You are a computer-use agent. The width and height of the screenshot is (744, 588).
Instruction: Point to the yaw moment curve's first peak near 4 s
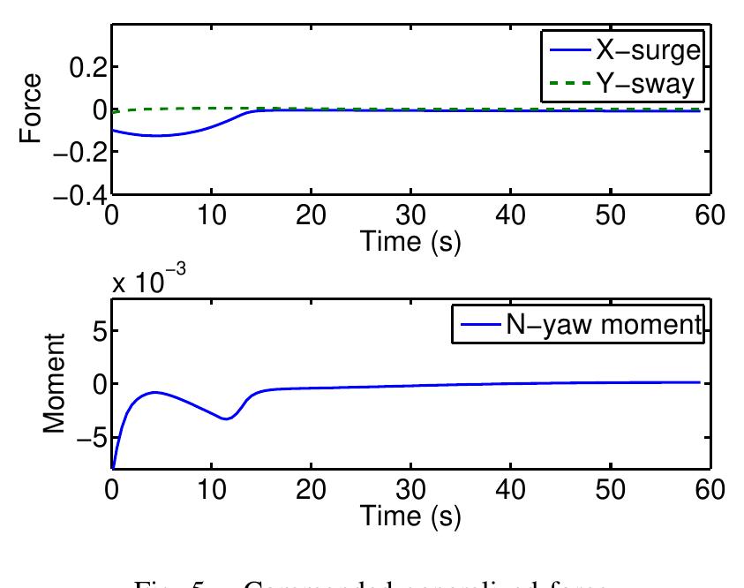[x=155, y=392]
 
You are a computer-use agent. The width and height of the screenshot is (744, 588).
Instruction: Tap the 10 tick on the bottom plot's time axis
[x=211, y=489]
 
